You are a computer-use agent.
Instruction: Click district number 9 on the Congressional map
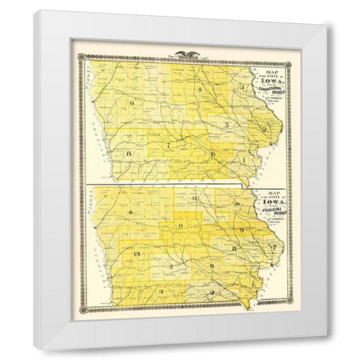[x=130, y=101]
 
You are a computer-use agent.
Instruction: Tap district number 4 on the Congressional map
[x=199, y=91]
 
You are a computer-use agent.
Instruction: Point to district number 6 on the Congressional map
[x=213, y=154]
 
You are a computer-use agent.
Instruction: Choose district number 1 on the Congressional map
[x=244, y=160]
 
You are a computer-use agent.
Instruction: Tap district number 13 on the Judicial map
[x=135, y=256]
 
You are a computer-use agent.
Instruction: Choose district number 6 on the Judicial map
[x=213, y=266]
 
